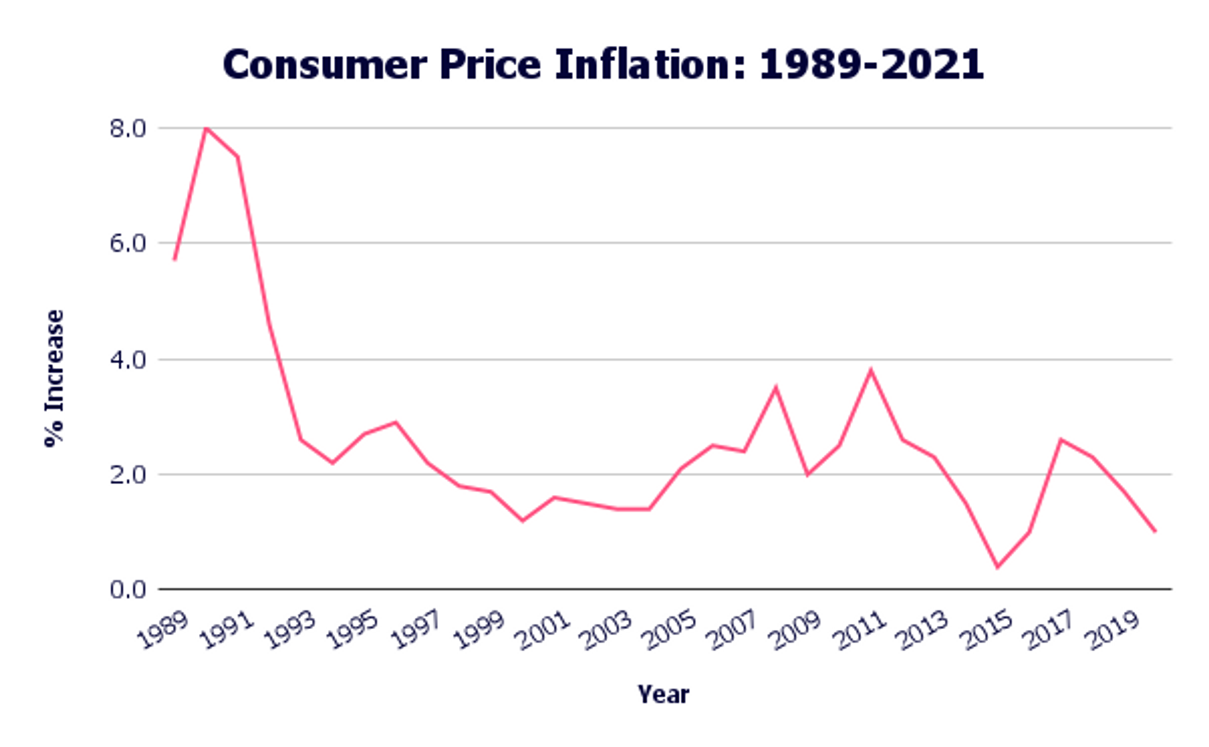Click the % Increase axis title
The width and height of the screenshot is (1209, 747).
pyautogui.click(x=54, y=378)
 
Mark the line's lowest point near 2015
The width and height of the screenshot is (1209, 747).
pyautogui.click(x=997, y=567)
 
